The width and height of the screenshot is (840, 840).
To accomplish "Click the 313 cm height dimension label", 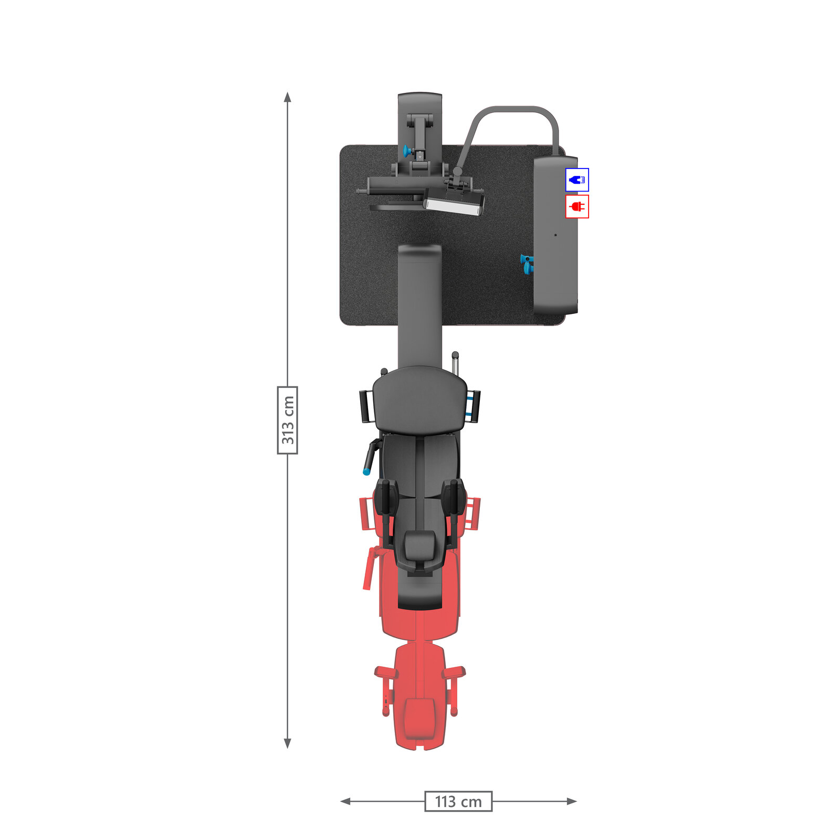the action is point(287,420).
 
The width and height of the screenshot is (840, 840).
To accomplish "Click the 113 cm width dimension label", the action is point(458,801).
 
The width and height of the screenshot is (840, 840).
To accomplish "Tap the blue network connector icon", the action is point(577,180).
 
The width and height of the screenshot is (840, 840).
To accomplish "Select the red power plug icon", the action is point(577,206).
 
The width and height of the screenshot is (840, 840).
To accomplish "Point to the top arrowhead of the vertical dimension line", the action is point(287,97).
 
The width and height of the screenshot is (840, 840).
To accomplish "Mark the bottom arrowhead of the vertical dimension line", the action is point(287,743).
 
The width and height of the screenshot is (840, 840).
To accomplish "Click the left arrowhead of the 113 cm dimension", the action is point(345,801).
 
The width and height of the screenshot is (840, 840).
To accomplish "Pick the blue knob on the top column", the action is point(406,152).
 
